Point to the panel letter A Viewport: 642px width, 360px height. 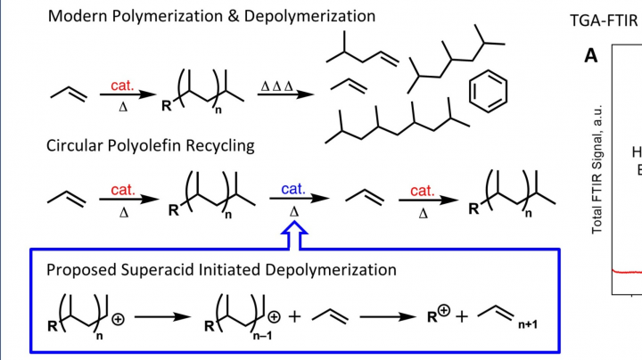[x=590, y=56]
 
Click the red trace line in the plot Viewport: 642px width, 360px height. [x=624, y=272]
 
